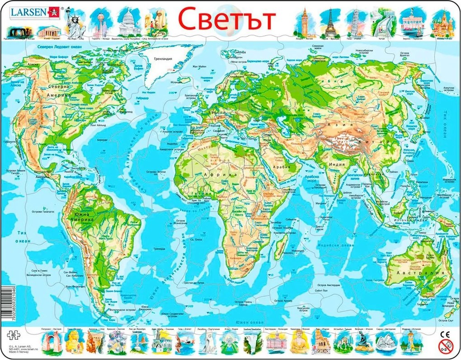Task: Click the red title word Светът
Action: coord(226,19)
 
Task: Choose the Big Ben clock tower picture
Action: coord(304,21)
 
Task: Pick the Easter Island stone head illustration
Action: coord(158,22)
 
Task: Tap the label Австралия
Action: coord(409,273)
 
